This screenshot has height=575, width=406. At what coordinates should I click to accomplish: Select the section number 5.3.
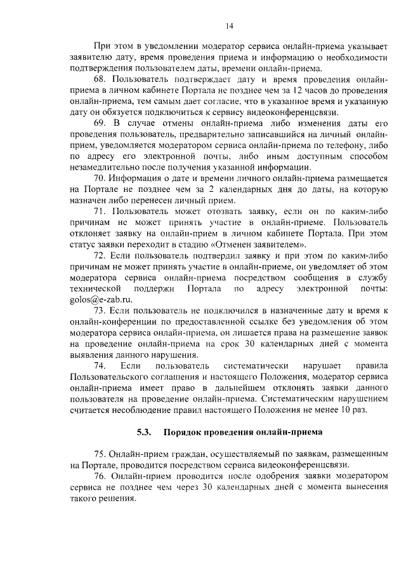144,433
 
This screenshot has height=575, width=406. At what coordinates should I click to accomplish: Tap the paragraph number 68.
100,79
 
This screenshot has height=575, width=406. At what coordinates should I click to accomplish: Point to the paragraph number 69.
100,122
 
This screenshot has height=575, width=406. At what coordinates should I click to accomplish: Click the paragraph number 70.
100,177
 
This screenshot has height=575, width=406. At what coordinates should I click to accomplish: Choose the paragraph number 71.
100,210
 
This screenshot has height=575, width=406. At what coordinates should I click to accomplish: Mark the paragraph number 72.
100,255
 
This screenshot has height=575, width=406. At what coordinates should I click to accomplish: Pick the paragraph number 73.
100,310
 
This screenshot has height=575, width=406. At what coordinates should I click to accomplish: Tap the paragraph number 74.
100,365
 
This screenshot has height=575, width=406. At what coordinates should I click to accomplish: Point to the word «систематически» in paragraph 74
257,365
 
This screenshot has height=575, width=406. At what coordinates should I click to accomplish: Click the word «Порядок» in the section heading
183,433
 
